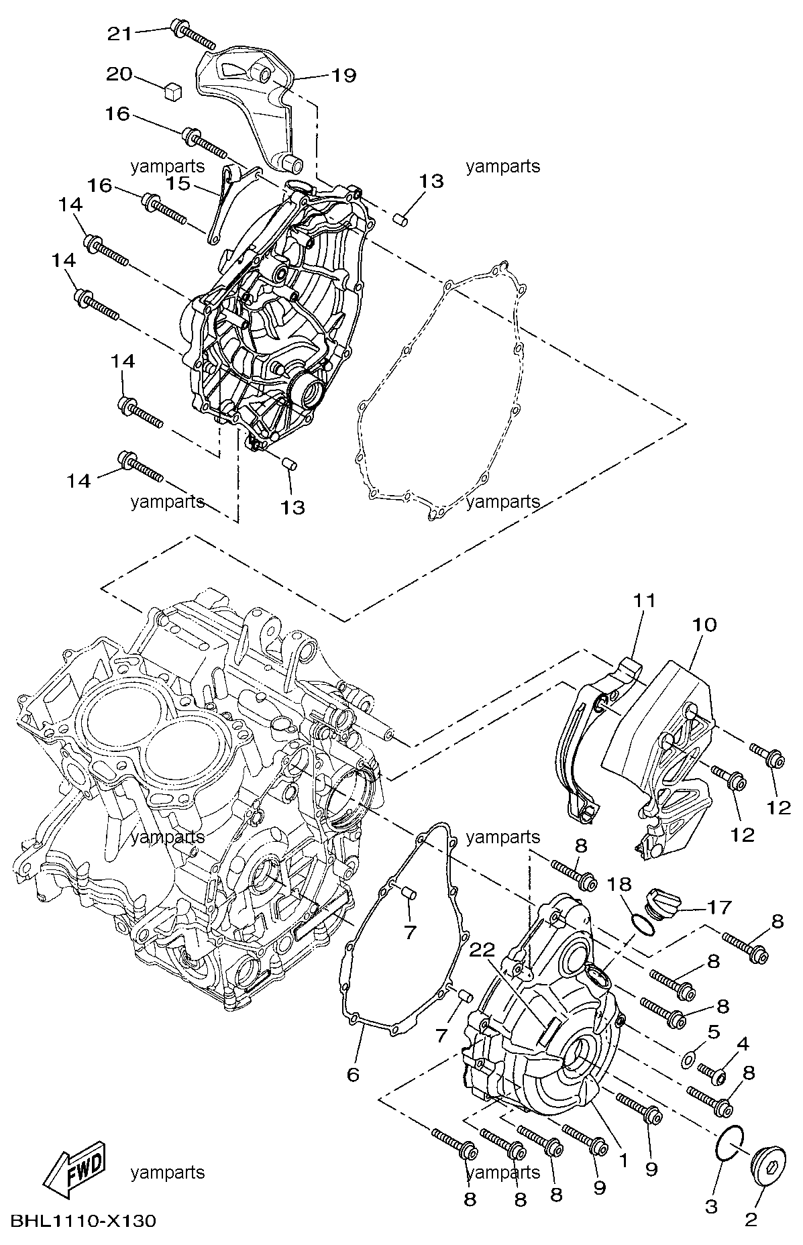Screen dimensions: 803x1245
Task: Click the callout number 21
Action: (x=121, y=33)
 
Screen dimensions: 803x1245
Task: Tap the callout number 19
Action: (x=343, y=75)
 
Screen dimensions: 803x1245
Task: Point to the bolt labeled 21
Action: (x=193, y=34)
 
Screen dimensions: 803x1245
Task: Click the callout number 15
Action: (x=178, y=184)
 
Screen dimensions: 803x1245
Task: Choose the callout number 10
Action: (x=704, y=625)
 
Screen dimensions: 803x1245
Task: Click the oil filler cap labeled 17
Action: (x=659, y=901)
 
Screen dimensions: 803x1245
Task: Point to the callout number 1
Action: (x=623, y=1158)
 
